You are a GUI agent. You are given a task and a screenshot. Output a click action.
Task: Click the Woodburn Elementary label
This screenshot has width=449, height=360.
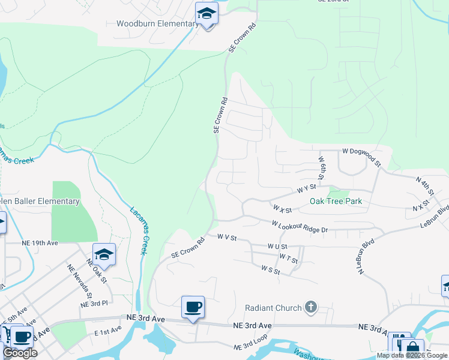point(157,24)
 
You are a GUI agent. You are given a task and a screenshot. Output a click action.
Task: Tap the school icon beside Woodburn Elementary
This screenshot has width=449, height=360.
point(206,14)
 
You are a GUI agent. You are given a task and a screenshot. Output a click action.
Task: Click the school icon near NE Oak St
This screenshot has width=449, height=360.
point(104,255)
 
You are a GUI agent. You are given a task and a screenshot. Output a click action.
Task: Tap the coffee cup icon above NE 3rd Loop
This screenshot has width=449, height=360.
point(193,308)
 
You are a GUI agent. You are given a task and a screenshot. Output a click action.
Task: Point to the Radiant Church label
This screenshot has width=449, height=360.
point(273,308)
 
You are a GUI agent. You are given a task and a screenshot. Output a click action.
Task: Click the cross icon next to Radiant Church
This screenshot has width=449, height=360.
point(310,308)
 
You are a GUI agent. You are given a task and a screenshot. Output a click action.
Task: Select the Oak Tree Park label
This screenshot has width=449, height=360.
point(336,201)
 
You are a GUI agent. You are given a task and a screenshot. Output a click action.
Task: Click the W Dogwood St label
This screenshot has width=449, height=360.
point(361,157)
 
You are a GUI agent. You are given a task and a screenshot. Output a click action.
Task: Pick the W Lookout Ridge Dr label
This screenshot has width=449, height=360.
point(300,227)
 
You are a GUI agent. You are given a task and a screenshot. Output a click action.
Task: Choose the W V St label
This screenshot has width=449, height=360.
point(228,238)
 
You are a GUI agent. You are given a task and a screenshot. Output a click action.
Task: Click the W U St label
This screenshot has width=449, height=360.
point(277,246)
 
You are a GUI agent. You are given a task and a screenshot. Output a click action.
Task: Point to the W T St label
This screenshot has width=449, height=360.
point(288,259)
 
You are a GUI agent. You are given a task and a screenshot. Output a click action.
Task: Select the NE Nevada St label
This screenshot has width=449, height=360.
point(80,281)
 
